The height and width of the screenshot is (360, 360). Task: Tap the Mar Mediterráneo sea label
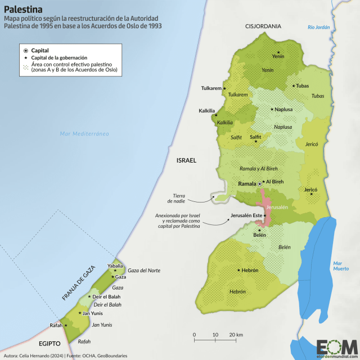tap(84, 133)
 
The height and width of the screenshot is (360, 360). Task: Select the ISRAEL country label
tap(186, 161)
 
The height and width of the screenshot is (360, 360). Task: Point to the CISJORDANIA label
tap(263, 26)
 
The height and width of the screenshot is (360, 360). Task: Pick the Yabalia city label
tap(115, 265)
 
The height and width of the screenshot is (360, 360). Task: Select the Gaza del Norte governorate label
tap(144, 271)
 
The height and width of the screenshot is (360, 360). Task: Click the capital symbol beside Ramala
tap(260, 184)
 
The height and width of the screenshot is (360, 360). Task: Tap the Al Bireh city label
tap(274, 182)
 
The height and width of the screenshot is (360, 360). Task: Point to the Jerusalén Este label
tap(246, 216)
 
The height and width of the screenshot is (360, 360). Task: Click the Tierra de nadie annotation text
tap(179, 197)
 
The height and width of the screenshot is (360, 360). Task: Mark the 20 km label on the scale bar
tap(236, 335)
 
